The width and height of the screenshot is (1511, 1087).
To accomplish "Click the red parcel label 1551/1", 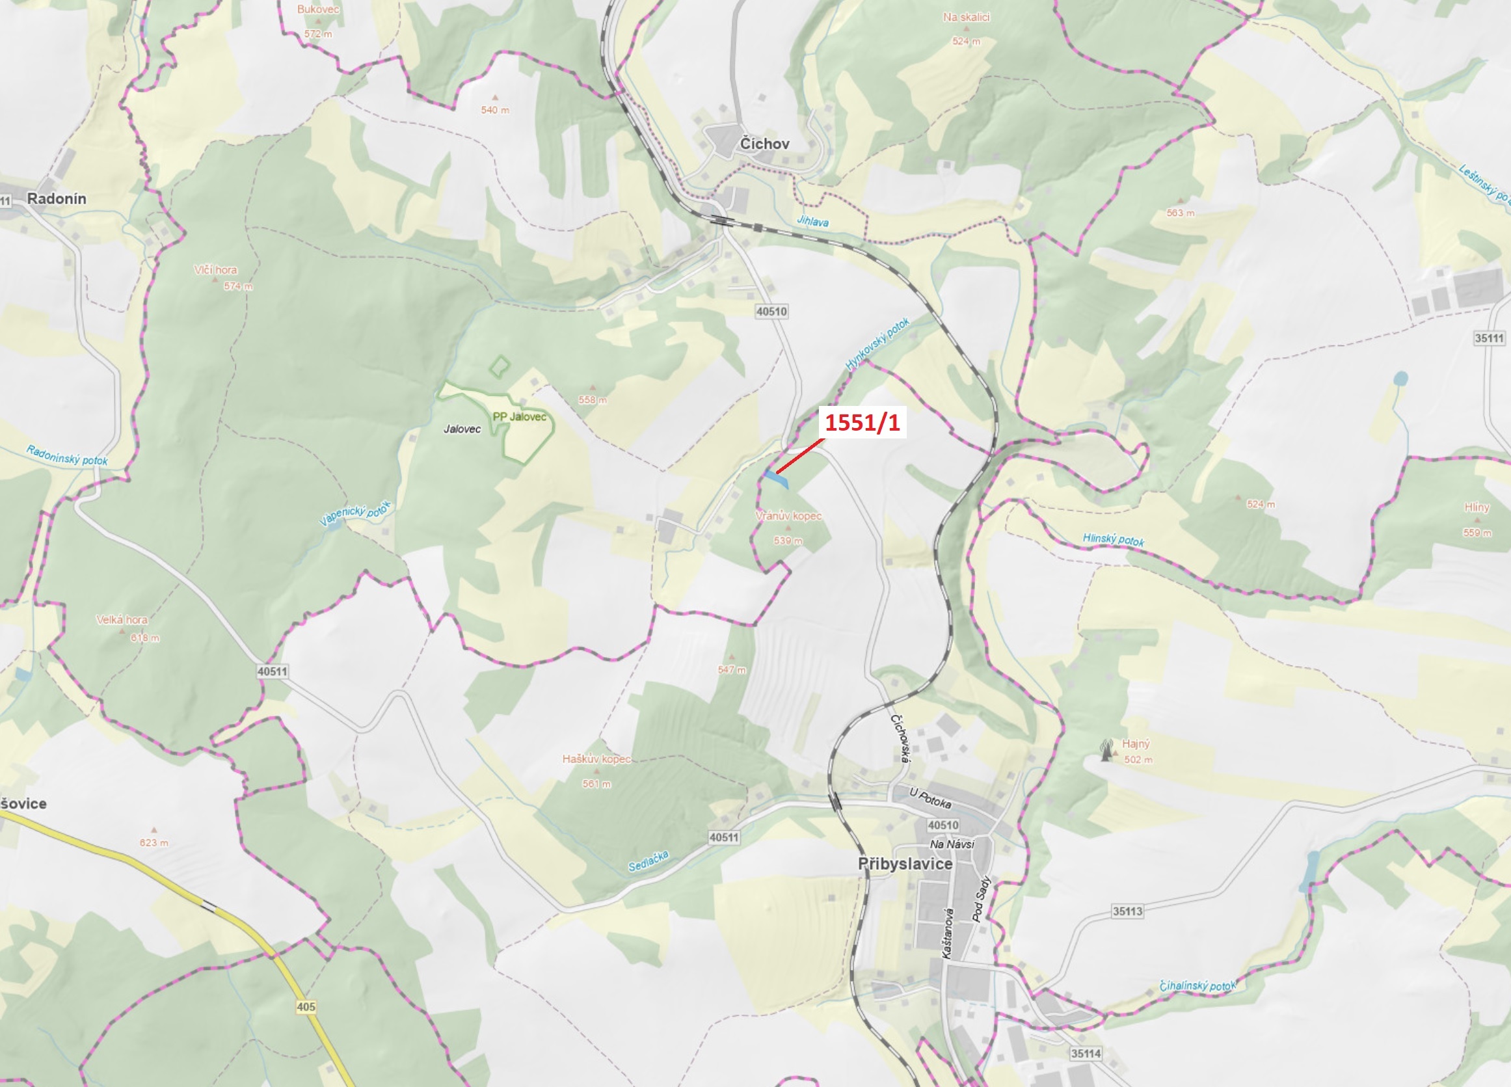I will pyautogui.click(x=862, y=423).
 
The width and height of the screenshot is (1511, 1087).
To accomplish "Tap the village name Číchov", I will pyautogui.click(x=764, y=144).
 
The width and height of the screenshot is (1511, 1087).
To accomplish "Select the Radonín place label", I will pyautogui.click(x=57, y=198).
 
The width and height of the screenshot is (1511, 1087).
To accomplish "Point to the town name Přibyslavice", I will pyautogui.click(x=905, y=864).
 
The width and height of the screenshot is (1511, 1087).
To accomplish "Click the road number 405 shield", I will pyautogui.click(x=306, y=1006).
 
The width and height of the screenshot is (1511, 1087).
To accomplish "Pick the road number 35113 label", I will pyautogui.click(x=1127, y=911).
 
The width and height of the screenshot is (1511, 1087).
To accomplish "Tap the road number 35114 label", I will pyautogui.click(x=1086, y=1054).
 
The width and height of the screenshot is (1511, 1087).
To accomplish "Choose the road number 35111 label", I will pyautogui.click(x=1488, y=338).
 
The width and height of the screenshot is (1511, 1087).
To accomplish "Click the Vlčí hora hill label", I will pyautogui.click(x=215, y=270).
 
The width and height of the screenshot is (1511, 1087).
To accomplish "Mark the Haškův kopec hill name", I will pyautogui.click(x=596, y=759).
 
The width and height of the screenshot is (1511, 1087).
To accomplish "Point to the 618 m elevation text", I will pyautogui.click(x=144, y=637).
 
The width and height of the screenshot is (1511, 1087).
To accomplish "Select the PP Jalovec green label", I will pyautogui.click(x=519, y=416).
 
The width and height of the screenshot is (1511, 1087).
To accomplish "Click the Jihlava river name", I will pyautogui.click(x=813, y=221).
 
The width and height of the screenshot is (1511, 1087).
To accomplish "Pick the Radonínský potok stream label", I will pyautogui.click(x=66, y=455).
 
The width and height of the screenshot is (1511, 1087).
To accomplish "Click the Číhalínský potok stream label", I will pyautogui.click(x=1197, y=986).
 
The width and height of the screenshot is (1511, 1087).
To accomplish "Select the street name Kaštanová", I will pyautogui.click(x=946, y=933).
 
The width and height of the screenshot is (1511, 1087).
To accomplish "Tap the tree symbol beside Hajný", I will pyautogui.click(x=1106, y=750).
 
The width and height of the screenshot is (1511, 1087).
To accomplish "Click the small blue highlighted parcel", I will pyautogui.click(x=777, y=478).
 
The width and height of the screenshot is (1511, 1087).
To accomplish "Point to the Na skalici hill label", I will pyautogui.click(x=966, y=18).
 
